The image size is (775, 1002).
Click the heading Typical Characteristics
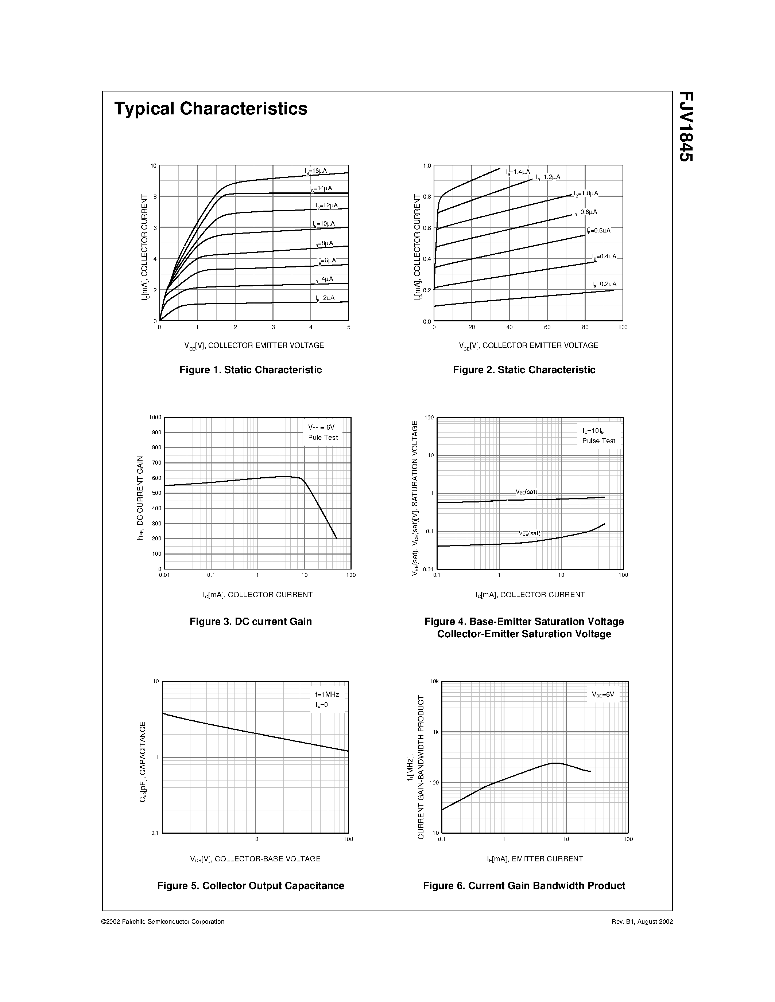(211, 109)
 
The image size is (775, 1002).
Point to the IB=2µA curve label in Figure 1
(325, 298)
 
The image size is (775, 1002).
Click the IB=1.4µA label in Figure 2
(518, 172)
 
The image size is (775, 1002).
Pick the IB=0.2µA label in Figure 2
(604, 285)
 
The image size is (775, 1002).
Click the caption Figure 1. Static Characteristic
(250, 370)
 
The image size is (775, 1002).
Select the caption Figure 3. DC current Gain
(250, 622)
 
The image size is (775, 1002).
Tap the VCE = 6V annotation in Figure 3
(321, 427)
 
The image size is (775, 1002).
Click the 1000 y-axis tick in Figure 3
(155, 417)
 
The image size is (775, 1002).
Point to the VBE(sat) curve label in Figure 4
(526, 492)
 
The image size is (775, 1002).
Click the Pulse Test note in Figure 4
(599, 441)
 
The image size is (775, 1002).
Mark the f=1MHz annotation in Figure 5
(327, 694)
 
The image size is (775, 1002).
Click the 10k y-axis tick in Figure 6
(434, 681)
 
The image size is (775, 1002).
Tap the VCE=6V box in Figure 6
(603, 694)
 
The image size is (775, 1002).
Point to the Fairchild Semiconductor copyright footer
(163, 922)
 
